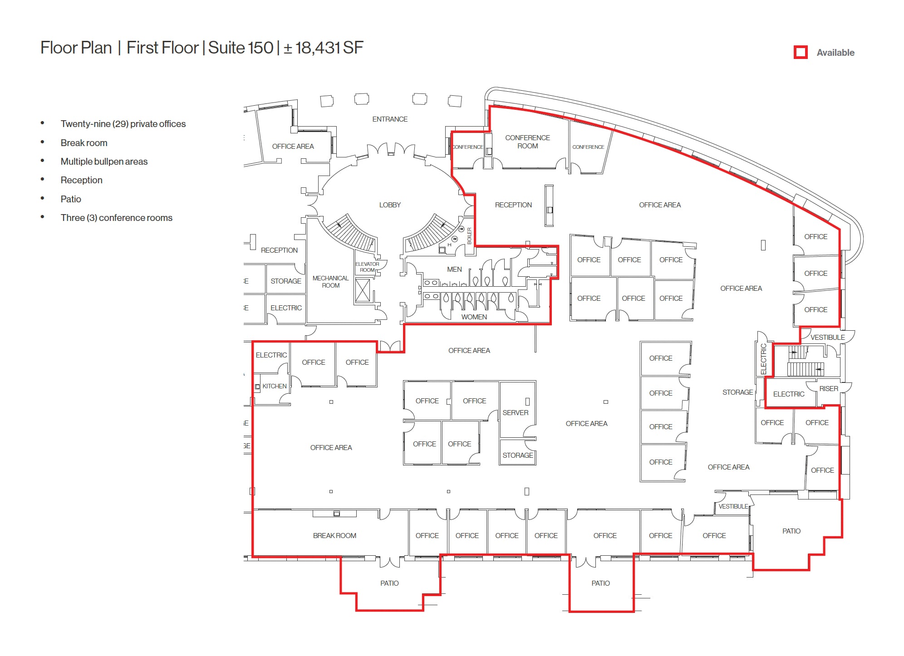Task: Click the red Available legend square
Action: pyautogui.click(x=801, y=52)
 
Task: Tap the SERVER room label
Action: pyautogui.click(x=515, y=412)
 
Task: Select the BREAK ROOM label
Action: pyautogui.click(x=334, y=535)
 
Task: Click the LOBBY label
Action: pyautogui.click(x=390, y=205)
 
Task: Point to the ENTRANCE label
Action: pyautogui.click(x=390, y=119)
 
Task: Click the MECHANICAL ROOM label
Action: pyautogui.click(x=330, y=282)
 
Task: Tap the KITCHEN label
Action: pyautogui.click(x=275, y=386)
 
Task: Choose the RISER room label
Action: pyautogui.click(x=828, y=388)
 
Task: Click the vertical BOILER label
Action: pyautogui.click(x=469, y=236)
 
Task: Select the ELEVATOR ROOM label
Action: pyautogui.click(x=367, y=267)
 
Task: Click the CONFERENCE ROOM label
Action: pyautogui.click(x=527, y=142)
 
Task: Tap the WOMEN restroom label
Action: pyautogui.click(x=474, y=317)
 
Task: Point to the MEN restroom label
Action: pyautogui.click(x=454, y=269)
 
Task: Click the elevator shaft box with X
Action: pyautogui.click(x=363, y=290)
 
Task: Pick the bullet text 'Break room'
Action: pyautogui.click(x=84, y=143)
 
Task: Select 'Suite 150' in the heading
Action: pyautogui.click(x=241, y=48)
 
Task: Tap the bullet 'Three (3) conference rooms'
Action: pyautogui.click(x=116, y=218)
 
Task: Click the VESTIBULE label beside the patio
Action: pyautogui.click(x=733, y=506)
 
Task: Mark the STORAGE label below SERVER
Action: pyautogui.click(x=517, y=455)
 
